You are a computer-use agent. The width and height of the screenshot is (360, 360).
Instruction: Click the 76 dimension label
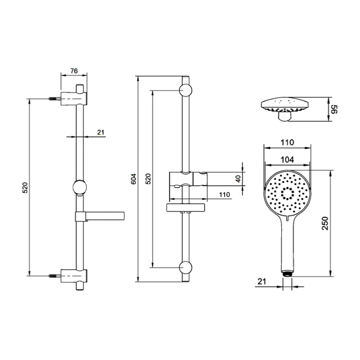(x=74, y=71)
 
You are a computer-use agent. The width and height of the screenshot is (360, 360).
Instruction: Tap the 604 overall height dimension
(x=133, y=179)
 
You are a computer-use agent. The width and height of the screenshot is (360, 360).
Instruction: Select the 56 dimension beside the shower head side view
(x=335, y=109)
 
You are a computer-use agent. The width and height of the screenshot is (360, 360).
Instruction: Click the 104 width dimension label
(x=287, y=159)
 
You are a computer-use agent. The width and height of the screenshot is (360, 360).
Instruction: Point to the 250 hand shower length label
(x=325, y=223)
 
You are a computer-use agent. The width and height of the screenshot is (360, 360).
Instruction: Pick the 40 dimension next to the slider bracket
(x=238, y=179)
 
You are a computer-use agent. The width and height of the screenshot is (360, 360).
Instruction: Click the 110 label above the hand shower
(x=287, y=143)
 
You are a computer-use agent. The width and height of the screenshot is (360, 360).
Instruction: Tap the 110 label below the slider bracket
(x=224, y=195)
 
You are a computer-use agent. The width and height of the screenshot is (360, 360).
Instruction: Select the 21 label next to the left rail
(x=101, y=132)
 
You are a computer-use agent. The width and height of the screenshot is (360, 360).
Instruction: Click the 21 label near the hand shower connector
(x=262, y=281)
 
